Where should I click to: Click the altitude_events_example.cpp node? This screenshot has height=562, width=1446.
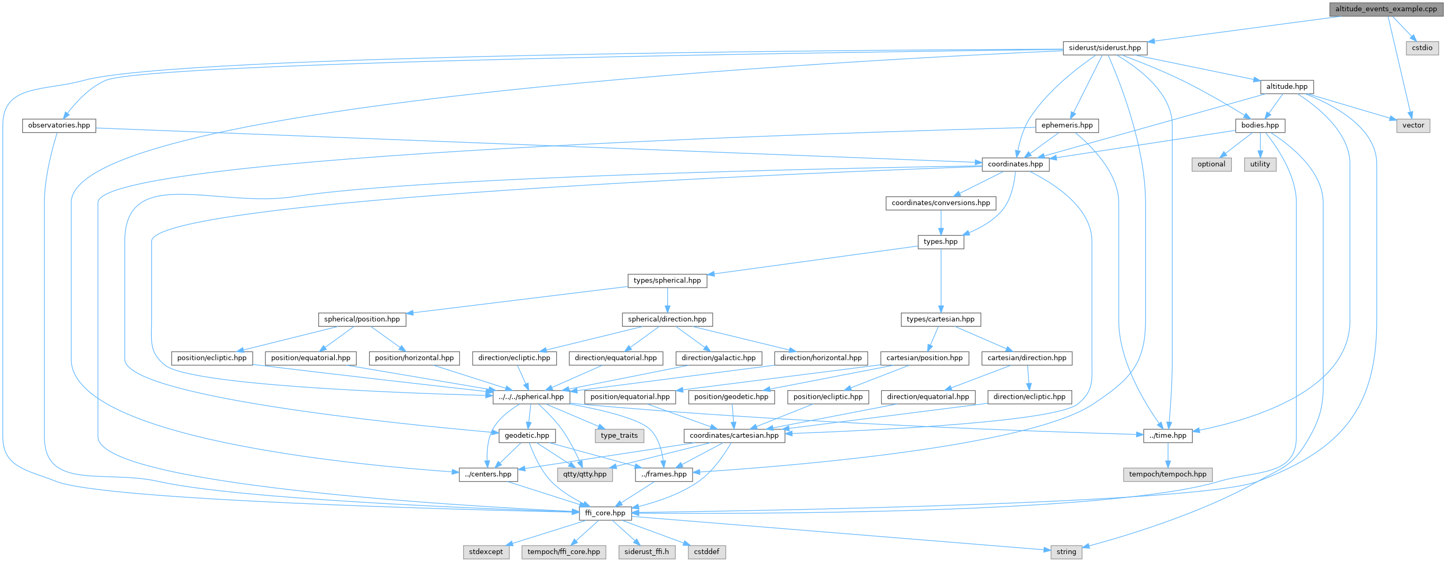(1386, 9)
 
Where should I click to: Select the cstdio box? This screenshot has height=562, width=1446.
(1422, 48)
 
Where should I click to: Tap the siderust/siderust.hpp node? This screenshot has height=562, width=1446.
(1104, 48)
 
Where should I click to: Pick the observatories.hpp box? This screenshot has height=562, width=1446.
(59, 125)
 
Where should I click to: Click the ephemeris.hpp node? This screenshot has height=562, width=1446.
(1066, 125)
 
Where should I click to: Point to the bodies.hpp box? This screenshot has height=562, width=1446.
(1260, 125)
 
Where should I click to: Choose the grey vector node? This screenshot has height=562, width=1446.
(1413, 125)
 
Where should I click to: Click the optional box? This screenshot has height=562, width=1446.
(1211, 164)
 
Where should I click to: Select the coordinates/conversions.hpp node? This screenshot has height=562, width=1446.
(940, 202)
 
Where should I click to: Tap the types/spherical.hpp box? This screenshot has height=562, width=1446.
(667, 280)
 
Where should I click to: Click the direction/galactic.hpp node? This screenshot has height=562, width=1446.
(718, 357)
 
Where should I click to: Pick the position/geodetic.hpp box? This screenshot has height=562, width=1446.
(731, 397)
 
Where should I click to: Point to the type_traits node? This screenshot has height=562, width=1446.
(619, 435)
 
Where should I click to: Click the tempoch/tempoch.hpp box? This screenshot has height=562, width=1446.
(1167, 474)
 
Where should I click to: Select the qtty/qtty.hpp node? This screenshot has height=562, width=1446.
(584, 474)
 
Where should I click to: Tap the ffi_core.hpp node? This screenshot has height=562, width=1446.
(604, 513)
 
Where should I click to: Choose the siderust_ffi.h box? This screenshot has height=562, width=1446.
(646, 551)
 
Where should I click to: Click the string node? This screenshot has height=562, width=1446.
(1065, 551)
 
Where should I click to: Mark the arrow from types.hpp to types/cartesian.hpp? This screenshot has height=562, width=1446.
(940, 281)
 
